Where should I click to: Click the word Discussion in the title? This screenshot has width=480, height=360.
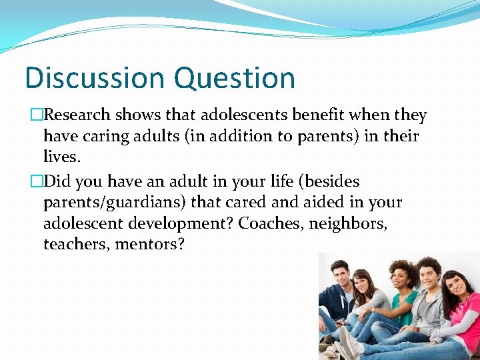point(89,77)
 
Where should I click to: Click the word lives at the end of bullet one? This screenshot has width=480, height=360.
point(59,158)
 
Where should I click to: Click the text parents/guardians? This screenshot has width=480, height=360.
point(115,201)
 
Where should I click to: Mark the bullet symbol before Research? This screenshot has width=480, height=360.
point(36,115)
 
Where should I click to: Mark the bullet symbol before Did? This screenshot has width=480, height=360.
point(36,180)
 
